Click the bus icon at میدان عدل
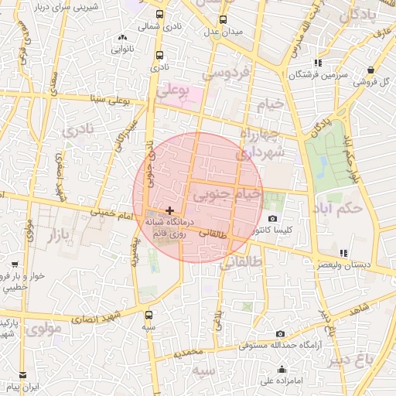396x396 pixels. tap(224, 20)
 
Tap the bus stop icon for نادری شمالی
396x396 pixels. tap(160, 15)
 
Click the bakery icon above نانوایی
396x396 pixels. tap(122, 37)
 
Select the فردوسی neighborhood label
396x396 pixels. tap(226, 74)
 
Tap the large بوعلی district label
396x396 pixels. tap(173, 91)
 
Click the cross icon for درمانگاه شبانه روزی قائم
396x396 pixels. tap(169, 210)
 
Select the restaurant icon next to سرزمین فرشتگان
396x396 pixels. tap(318, 63)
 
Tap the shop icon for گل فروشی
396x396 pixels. tap(372, 69)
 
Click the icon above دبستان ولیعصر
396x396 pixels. tap(343, 253)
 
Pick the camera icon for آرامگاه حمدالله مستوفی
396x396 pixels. tap(280, 333)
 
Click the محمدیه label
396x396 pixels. tap(188, 353)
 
